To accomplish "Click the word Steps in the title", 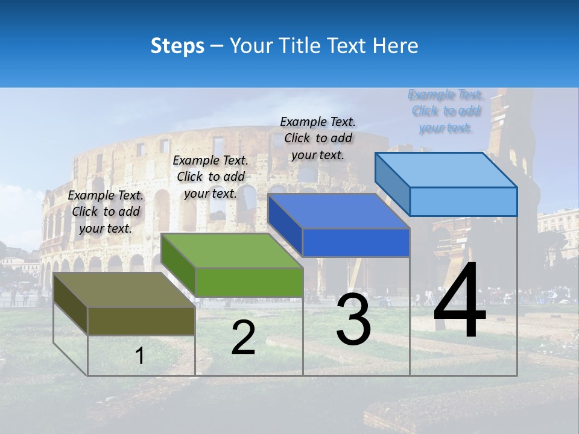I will (177, 46).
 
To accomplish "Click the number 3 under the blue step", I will (353, 319).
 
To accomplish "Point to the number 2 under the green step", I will (243, 338).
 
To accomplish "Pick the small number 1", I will (140, 356).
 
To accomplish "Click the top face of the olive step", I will (124, 290).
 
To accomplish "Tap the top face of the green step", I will (232, 251).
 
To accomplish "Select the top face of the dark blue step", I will (338, 211).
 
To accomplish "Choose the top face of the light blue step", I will (446, 170).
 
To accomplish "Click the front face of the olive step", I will (141, 321).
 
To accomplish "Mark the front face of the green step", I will (249, 282).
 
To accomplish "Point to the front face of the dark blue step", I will (356, 242).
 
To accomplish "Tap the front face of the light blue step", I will (463, 201).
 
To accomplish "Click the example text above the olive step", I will (106, 212).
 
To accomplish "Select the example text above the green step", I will (210, 177).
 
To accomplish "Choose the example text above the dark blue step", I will (318, 138).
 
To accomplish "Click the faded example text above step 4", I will (445, 111).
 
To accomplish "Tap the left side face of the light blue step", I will (392, 181).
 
